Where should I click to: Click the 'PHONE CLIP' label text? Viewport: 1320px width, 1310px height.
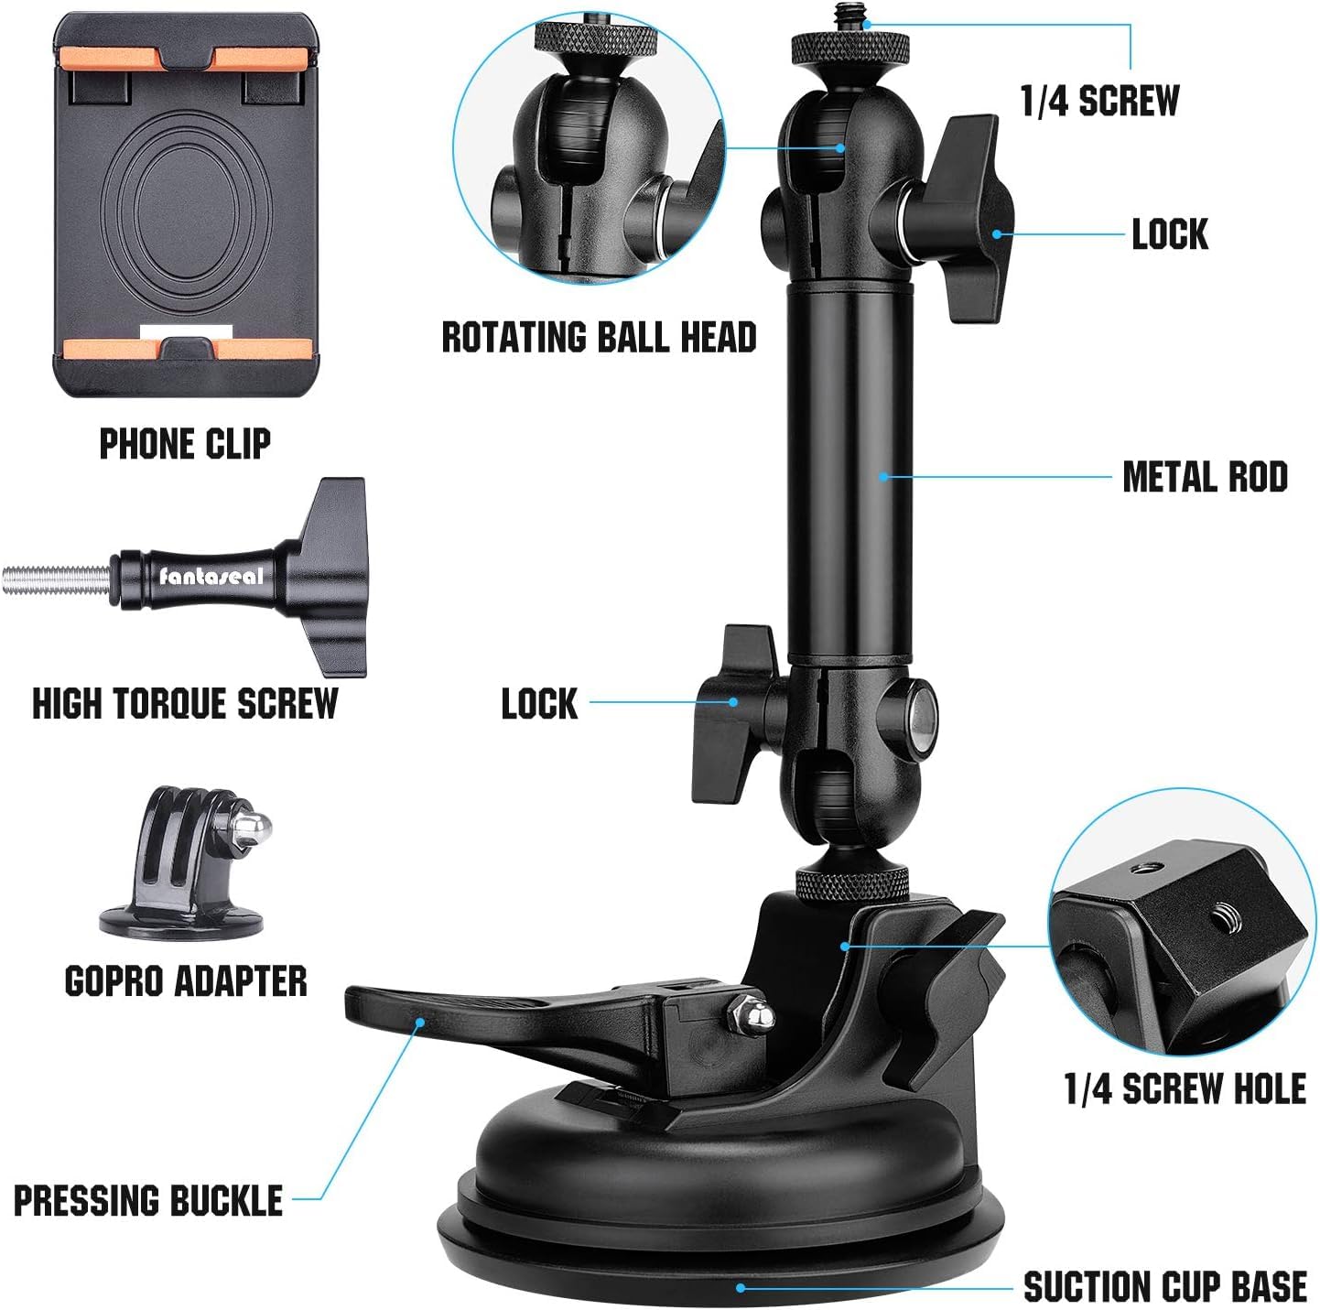(x=185, y=444)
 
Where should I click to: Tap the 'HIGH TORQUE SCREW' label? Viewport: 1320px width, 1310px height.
(x=185, y=704)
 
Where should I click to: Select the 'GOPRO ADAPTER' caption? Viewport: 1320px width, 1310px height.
(x=186, y=981)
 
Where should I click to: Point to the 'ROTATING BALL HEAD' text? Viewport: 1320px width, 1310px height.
(x=599, y=337)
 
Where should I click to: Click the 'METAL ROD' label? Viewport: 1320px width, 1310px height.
(x=1205, y=477)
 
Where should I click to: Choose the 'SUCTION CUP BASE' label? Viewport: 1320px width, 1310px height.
(x=1164, y=1286)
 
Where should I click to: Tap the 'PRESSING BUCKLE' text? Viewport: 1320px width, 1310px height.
(x=148, y=1200)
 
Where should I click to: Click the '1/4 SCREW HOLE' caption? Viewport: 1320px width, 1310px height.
(x=1185, y=1089)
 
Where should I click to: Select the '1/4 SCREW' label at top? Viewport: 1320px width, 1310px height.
(x=1099, y=101)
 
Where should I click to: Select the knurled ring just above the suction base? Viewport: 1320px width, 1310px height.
(x=850, y=885)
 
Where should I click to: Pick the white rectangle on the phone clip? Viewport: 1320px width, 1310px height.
(x=187, y=332)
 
